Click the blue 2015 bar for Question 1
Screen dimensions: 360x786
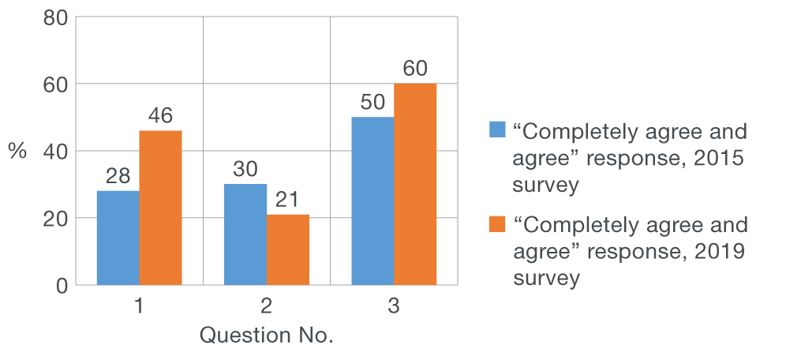[x=118, y=237]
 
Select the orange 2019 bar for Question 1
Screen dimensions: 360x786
[x=160, y=207]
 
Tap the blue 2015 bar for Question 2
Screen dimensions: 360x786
[x=245, y=234]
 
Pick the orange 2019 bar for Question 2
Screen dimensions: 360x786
[x=287, y=249]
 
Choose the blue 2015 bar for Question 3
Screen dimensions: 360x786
[x=372, y=201]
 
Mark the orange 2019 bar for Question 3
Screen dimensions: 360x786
[x=415, y=183]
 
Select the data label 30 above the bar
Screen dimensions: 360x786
[x=245, y=170]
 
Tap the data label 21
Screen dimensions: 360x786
[x=287, y=201]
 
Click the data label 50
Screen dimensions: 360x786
[x=372, y=103]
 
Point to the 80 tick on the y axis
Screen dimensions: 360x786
[x=54, y=17]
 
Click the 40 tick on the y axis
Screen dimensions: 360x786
[x=54, y=151]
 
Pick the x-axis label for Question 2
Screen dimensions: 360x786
[x=266, y=306]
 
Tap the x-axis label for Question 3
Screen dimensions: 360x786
[x=393, y=306]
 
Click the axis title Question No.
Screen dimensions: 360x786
[x=266, y=336]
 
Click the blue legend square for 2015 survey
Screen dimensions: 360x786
[x=496, y=129]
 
